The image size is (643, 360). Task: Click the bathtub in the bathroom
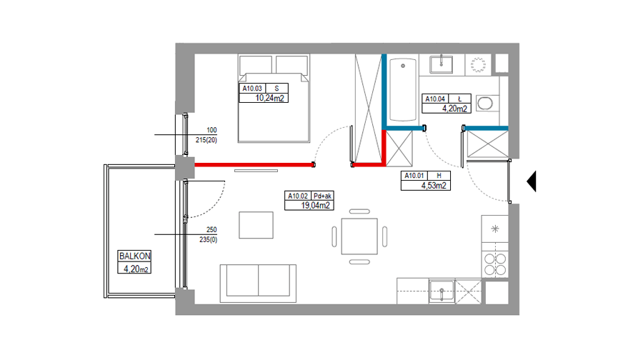point(403,89)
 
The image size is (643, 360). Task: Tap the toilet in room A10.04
point(487,103)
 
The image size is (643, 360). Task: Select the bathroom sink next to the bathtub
point(442,64)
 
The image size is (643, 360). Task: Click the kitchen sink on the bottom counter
point(442,291)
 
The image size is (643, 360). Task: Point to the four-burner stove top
point(495,264)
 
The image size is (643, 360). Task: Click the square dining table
point(359,236)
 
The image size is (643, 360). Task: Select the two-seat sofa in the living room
point(258,283)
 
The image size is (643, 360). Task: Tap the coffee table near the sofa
point(256,225)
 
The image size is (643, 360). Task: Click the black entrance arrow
point(532,181)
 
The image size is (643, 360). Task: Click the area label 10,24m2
point(269,98)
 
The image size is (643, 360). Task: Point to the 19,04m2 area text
point(315,206)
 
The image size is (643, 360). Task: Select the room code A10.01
point(414,176)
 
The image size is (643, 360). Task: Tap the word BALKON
point(134,256)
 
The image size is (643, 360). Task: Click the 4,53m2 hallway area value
point(434,185)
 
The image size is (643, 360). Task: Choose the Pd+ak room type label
point(322,196)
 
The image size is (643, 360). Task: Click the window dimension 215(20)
point(206,140)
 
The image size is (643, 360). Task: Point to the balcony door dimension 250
point(211,229)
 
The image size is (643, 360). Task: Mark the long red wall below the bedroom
point(254,165)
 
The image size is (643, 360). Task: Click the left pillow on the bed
point(256,65)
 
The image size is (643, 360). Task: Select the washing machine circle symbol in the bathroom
point(478,65)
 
